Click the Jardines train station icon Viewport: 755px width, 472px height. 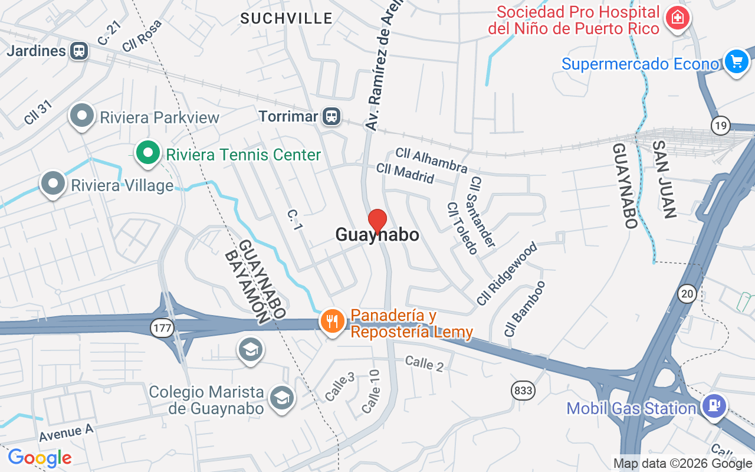(78, 51)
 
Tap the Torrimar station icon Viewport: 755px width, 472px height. (332, 116)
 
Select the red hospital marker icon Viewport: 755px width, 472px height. (678, 18)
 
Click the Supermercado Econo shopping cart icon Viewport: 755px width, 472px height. (736, 61)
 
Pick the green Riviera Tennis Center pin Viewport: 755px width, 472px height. (148, 153)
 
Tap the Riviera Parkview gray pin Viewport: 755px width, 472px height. (82, 116)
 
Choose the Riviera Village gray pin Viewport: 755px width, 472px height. (53, 183)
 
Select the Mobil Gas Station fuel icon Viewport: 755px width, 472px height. (714, 406)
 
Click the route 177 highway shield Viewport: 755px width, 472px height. (161, 329)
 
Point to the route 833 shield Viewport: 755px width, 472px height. (523, 391)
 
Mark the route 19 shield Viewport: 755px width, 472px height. (720, 125)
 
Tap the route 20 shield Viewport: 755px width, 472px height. (687, 294)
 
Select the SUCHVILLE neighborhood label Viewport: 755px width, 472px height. (287, 19)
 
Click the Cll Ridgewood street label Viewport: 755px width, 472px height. (507, 273)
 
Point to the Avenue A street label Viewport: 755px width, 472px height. (67, 433)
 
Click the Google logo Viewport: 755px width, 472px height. (40, 457)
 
